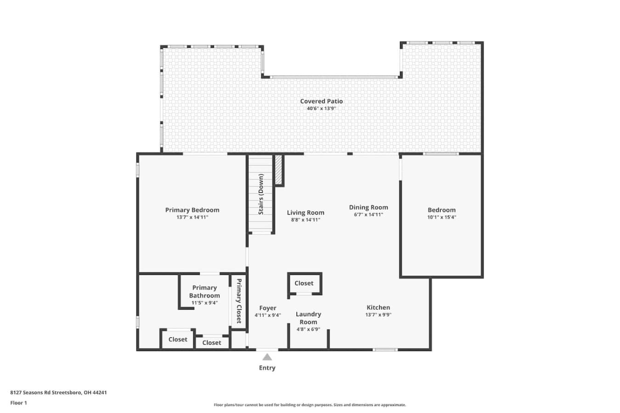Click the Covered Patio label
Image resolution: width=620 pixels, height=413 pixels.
click(x=321, y=101)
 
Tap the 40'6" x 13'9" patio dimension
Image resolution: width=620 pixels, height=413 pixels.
click(x=321, y=108)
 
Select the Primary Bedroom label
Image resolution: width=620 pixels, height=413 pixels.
click(x=192, y=210)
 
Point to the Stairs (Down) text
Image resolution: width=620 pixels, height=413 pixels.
click(x=261, y=194)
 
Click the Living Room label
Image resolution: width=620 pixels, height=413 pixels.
click(x=305, y=213)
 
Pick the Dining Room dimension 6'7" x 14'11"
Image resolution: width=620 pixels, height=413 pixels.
click(x=368, y=215)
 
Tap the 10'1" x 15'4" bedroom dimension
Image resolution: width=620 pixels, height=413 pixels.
click(x=442, y=217)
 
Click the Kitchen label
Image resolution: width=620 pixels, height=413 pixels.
click(x=378, y=307)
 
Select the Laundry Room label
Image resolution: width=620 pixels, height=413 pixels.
click(x=308, y=318)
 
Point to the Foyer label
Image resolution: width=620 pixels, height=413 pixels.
click(x=268, y=308)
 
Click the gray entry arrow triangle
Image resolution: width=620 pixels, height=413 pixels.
click(x=267, y=357)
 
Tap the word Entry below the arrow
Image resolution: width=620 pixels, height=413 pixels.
click(x=267, y=368)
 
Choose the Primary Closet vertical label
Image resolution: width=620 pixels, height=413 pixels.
click(x=239, y=301)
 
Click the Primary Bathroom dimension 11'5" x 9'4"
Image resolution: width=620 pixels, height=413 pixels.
click(x=204, y=303)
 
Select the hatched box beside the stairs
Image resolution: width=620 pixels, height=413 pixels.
click(x=278, y=170)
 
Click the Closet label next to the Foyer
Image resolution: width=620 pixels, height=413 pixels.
click(x=304, y=283)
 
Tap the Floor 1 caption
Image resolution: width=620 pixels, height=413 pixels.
click(x=18, y=403)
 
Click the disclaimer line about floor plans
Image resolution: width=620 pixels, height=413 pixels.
click(x=310, y=405)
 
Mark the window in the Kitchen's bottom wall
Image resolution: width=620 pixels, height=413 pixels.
click(x=385, y=350)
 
